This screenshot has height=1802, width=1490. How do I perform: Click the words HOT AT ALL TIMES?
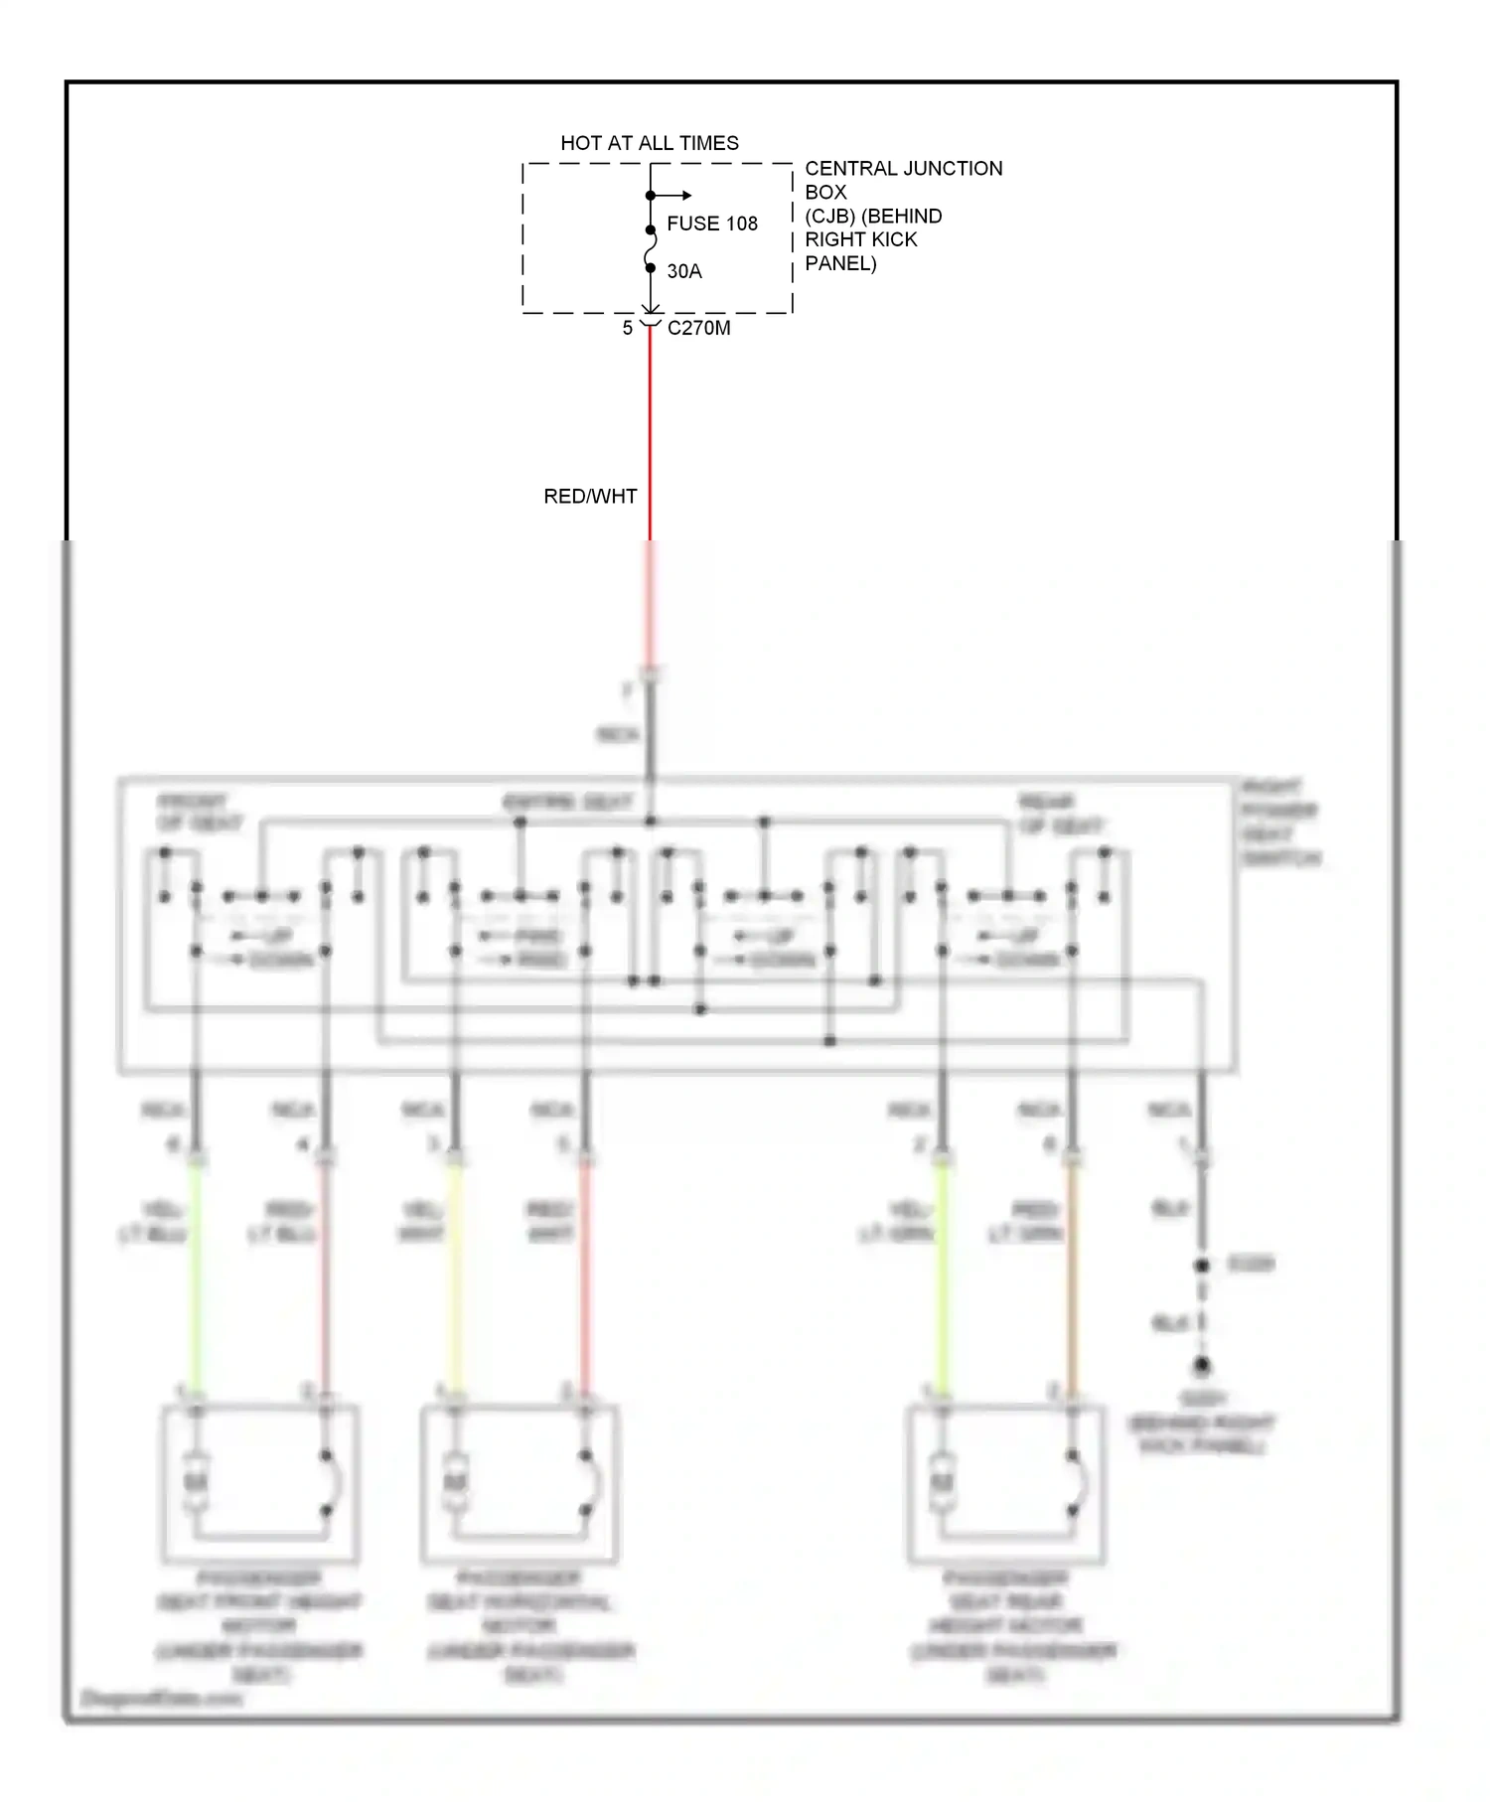tap(650, 143)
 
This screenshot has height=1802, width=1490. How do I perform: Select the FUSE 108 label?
tap(712, 224)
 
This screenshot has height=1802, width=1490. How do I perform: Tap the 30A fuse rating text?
tap(684, 271)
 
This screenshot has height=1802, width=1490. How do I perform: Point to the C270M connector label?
tap(699, 328)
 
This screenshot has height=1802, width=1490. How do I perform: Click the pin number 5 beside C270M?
tap(628, 328)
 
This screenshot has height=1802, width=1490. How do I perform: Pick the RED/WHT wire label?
tap(590, 496)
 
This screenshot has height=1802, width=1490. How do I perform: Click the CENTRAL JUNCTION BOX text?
tap(903, 180)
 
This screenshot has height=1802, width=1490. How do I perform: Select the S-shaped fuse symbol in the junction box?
tap(651, 248)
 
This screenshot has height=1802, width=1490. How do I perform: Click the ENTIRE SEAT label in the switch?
tap(567, 803)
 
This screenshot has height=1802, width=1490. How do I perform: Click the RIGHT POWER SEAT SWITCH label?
tap(1281, 823)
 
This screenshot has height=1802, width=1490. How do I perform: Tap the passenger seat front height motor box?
tap(260, 1483)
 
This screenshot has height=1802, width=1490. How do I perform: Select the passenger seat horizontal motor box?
tap(520, 1483)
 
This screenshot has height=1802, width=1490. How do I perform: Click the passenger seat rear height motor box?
tap(1006, 1483)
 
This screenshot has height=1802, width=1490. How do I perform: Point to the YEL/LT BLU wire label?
tap(154, 1222)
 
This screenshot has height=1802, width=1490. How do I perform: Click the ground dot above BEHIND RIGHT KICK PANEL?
tap(1202, 1366)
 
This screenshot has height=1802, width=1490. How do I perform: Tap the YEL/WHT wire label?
tap(421, 1222)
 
